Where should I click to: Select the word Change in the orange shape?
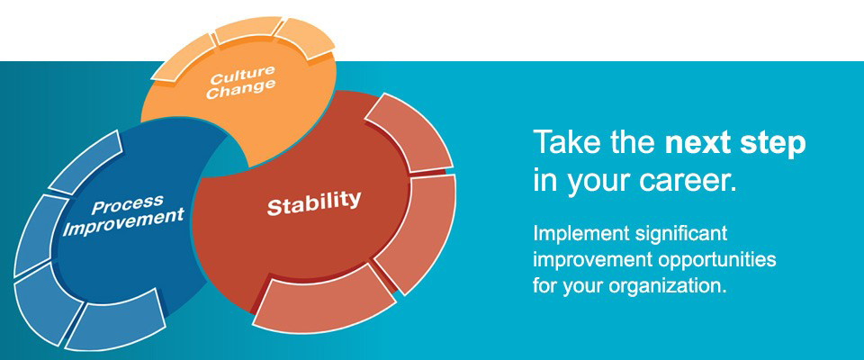click(240, 89)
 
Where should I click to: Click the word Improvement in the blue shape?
click(123, 221)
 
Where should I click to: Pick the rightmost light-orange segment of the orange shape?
click(306, 38)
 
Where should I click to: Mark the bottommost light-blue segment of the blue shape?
click(117, 321)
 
